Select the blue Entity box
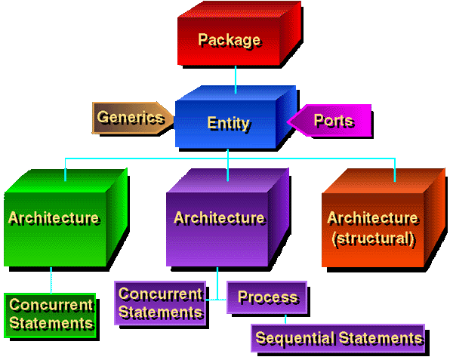(x=228, y=123)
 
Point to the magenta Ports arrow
(x=331, y=121)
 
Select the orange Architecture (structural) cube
(x=373, y=228)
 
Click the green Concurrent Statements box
(x=51, y=314)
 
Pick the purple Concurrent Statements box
(x=160, y=303)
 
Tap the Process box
(x=267, y=297)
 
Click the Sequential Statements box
(x=337, y=338)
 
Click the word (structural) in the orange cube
(x=373, y=239)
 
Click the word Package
(x=229, y=39)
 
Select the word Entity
(x=228, y=123)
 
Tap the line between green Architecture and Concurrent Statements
(x=51, y=279)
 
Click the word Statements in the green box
(x=51, y=323)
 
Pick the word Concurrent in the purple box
(x=160, y=294)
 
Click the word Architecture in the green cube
(x=53, y=218)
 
